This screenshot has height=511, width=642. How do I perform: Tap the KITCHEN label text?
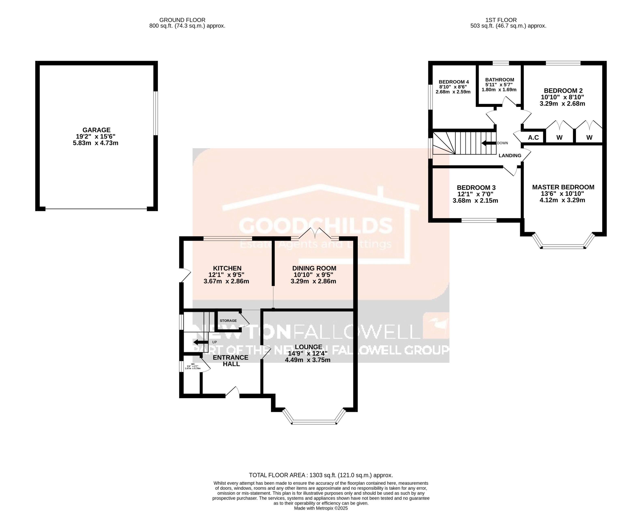point(227,268)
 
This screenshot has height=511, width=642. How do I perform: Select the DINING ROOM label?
point(314,268)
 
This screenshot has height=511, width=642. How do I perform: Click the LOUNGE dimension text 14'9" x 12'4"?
point(308,353)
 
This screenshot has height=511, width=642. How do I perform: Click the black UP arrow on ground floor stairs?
point(200,342)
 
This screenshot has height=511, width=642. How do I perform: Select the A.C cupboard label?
point(533,137)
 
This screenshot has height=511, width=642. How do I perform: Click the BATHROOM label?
point(499,80)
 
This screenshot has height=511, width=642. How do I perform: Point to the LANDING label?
point(510,156)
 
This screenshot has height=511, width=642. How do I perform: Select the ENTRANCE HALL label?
point(231,361)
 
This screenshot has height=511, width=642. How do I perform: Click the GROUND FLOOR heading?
point(182,20)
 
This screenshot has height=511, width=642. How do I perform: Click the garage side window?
point(156,113)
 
